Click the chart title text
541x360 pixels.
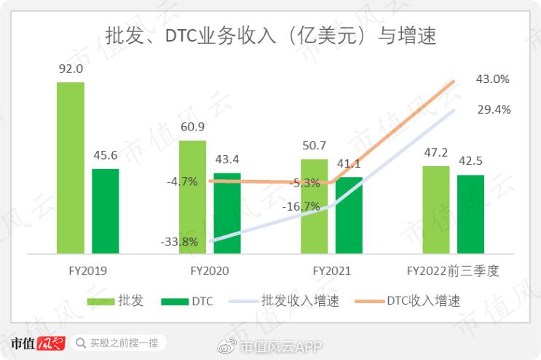coord(271,34)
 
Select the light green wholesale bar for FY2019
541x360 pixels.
coord(71,168)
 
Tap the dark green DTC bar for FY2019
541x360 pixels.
coord(106,211)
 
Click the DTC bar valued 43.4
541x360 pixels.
coord(227,214)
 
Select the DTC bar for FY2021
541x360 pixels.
coord(350,216)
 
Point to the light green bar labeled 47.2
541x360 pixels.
coord(435,210)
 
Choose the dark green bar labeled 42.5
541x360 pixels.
coord(470,214)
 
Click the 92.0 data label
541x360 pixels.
coord(71,69)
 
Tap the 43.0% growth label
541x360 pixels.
coord(492,79)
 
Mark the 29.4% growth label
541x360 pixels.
coord(492,109)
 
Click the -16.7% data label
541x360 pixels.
coord(301,206)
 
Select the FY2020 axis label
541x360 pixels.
coord(210,271)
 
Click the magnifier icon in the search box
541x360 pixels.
coord(80,342)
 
